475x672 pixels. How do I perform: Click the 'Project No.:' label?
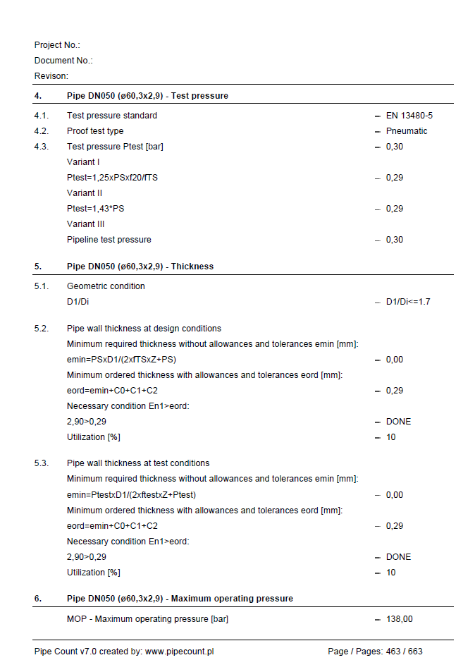57,45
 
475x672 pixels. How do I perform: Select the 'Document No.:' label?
63,61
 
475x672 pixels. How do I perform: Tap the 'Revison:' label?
51,76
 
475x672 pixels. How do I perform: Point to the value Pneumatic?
407,131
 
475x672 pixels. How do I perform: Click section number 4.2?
41,131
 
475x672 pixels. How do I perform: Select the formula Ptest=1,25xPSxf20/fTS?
112,178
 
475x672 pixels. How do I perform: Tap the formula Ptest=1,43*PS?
95,209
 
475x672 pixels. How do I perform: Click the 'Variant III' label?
85,224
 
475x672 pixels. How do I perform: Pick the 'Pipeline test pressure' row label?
109,240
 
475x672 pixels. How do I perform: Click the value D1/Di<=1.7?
408,302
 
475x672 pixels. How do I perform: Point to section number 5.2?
41,329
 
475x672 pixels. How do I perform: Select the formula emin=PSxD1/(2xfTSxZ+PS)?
126,360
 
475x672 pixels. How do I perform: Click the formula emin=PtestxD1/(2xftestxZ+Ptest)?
131,495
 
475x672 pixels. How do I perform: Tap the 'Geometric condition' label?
106,286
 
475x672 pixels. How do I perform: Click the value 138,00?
400,619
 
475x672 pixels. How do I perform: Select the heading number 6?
38,599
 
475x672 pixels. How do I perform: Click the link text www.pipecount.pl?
179,652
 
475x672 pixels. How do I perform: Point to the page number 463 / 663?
404,652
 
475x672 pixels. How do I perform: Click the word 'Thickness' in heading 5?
192,267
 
